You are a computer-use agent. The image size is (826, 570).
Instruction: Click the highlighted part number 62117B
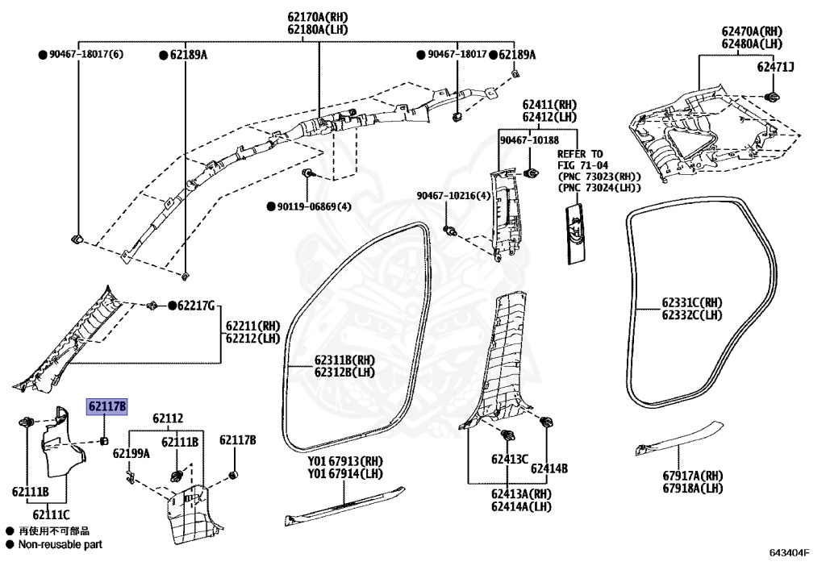tap(106, 409)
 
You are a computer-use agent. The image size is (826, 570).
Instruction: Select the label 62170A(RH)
tap(319, 17)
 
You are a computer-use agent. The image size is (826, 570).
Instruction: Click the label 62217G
tap(196, 306)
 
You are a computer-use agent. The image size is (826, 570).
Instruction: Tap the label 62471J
tap(775, 67)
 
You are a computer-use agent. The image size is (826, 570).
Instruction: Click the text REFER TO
tap(580, 153)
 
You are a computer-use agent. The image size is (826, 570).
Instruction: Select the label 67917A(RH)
tap(692, 476)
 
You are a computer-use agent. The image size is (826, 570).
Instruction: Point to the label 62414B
tap(548, 468)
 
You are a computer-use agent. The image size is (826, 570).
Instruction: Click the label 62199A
tap(131, 453)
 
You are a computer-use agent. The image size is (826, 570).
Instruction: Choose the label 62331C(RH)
tap(692, 302)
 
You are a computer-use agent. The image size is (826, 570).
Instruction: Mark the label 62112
tap(167, 418)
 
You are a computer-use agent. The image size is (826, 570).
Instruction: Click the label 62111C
tap(51, 514)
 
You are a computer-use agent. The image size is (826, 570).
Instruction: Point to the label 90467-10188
tap(529, 140)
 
